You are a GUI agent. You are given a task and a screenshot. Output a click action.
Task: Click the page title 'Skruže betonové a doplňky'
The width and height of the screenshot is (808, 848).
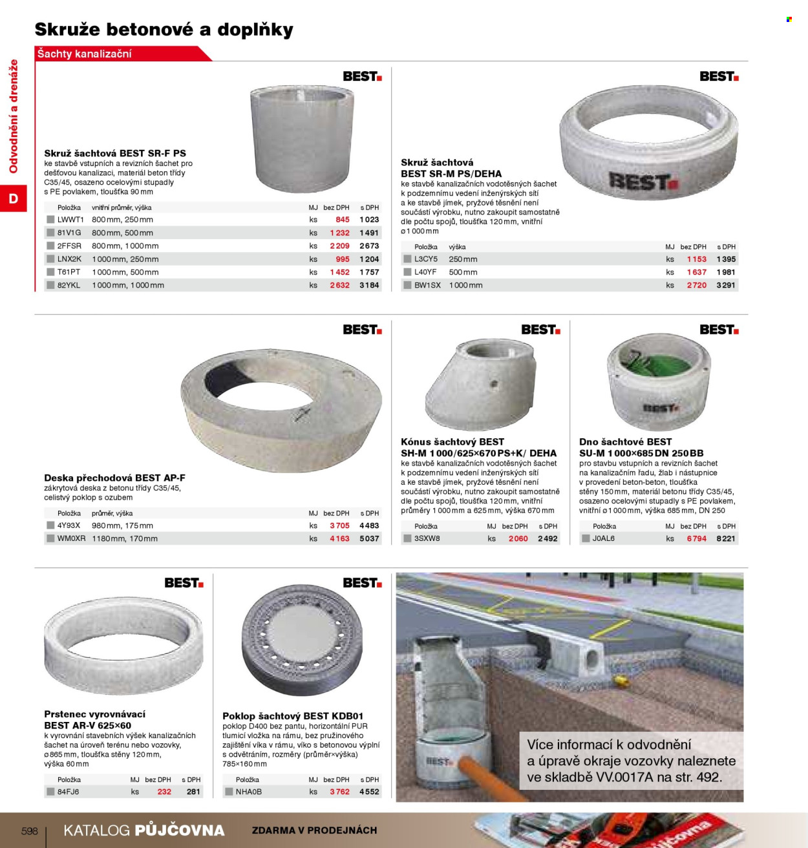[x=164, y=30]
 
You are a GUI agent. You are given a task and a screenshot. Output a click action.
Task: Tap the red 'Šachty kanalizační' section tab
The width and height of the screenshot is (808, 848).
[x=85, y=54]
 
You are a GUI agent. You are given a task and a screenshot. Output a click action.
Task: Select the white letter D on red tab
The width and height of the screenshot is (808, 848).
[x=14, y=198]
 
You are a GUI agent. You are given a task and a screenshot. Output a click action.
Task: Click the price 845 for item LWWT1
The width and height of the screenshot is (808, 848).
[x=343, y=220]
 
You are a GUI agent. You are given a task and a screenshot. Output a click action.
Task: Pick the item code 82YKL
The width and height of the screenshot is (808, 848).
[x=69, y=285]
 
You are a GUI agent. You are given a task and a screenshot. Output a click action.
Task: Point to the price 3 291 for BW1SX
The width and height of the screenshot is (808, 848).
[x=726, y=285]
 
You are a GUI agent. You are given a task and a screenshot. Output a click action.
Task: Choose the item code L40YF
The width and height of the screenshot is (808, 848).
[x=425, y=272]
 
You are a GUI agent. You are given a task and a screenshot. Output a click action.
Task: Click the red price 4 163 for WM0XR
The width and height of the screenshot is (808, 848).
[x=339, y=538]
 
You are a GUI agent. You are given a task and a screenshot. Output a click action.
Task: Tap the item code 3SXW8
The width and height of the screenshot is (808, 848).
[x=427, y=538]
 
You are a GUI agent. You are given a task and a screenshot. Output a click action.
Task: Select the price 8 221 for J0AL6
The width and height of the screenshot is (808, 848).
[x=726, y=538]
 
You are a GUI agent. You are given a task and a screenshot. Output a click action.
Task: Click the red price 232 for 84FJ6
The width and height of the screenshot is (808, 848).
[x=164, y=792]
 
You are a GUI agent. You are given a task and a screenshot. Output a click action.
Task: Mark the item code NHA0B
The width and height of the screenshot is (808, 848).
[x=249, y=792]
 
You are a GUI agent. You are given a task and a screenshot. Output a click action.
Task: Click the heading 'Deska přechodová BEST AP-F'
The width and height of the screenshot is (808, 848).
[x=114, y=478]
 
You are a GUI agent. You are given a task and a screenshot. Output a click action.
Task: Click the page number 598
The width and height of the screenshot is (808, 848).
[x=30, y=831]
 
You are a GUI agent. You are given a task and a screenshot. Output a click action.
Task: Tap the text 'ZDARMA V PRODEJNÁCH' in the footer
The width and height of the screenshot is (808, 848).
[x=314, y=831]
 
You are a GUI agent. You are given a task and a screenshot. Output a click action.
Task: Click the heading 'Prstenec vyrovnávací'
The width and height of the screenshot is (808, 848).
[x=94, y=714]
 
